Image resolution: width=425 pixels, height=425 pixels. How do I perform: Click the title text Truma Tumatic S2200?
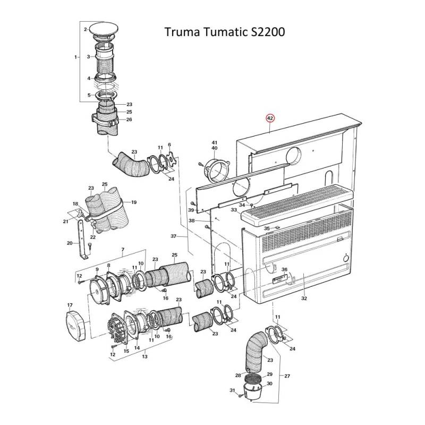point(224,32)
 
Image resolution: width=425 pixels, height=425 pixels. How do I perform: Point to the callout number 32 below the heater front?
point(304,299)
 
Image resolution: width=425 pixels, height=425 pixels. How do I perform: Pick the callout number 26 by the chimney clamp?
point(129,120)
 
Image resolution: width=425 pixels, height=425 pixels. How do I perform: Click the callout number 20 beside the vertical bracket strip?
point(70,243)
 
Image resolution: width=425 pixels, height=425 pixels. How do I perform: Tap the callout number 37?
point(173,236)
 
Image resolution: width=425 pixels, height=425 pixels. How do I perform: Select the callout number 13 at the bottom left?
point(144,357)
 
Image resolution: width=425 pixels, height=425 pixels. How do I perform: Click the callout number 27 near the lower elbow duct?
point(287,376)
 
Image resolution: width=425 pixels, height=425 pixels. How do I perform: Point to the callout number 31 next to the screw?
point(232,390)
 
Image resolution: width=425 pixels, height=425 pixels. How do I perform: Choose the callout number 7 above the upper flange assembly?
point(123,250)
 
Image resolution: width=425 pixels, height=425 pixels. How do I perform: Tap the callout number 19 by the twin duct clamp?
point(134,202)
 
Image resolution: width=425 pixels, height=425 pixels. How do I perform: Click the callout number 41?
point(215,147)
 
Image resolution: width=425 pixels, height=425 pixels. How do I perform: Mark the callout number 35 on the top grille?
point(267,228)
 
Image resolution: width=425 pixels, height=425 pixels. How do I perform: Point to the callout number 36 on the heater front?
point(284,270)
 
